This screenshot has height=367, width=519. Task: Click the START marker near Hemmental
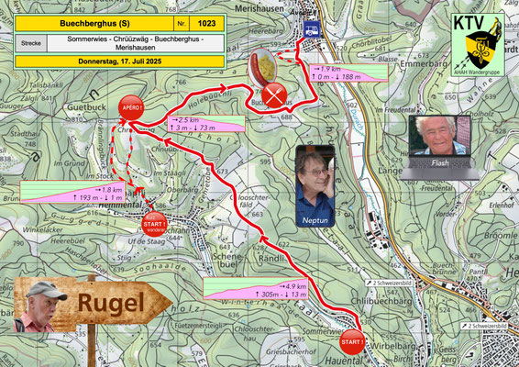pyautogui.click(x=153, y=222)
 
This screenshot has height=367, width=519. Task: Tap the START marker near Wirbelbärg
pyautogui.click(x=351, y=342)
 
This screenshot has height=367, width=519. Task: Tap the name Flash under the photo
pyautogui.click(x=440, y=164)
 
